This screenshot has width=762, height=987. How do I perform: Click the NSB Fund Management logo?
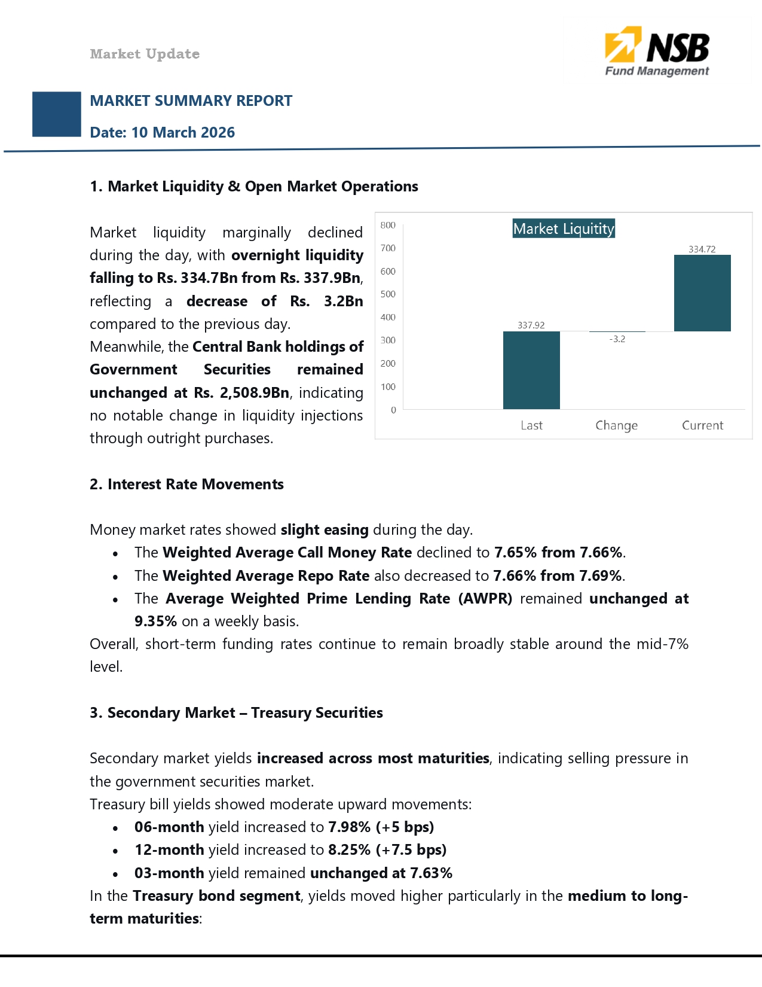point(657,52)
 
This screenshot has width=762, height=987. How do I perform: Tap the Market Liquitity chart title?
point(564,229)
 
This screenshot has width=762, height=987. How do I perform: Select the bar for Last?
point(531,370)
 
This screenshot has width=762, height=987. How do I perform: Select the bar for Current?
point(702,293)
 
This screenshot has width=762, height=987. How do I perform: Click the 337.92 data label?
point(531,325)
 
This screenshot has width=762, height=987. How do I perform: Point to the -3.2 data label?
point(617,339)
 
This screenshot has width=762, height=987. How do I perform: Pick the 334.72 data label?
point(702,249)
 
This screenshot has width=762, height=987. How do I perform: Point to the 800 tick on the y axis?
point(388,226)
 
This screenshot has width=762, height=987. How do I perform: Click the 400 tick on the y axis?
point(388,318)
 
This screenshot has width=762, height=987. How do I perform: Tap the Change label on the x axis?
point(616,425)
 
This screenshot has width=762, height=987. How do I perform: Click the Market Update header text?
point(145,54)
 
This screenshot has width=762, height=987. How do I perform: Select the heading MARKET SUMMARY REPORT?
point(191,100)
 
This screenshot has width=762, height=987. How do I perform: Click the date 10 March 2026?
point(183,132)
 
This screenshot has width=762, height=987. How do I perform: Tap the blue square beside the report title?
point(57,114)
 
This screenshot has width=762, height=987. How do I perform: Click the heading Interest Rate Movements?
point(195,484)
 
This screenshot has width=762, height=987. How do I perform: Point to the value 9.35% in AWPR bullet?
point(155,622)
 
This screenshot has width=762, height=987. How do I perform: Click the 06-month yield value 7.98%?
point(349,827)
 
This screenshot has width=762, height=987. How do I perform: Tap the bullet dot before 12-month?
point(115,851)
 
